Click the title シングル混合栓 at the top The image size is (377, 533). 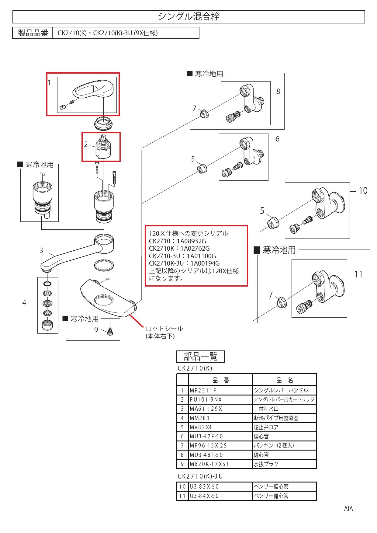(188, 17)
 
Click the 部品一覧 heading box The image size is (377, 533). (200, 357)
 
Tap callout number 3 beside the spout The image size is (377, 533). (41, 251)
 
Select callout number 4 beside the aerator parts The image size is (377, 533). (24, 303)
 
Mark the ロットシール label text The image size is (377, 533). (164, 329)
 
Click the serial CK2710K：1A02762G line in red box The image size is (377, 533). (179, 249)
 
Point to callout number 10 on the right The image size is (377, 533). (363, 191)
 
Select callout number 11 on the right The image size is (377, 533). (359, 274)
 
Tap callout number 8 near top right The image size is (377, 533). (278, 91)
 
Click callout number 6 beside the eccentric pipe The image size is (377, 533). (277, 139)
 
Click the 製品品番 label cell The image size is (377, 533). (33, 33)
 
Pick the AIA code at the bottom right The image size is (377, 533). (348, 509)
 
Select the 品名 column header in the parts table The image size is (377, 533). (284, 380)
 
